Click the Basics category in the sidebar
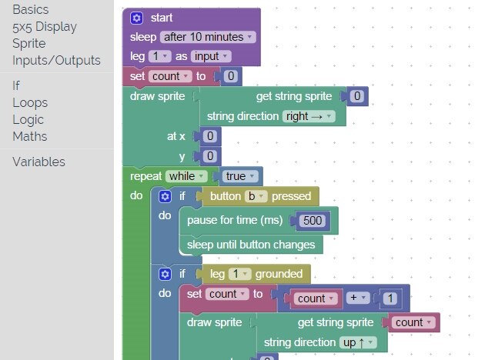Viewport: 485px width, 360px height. click(31, 10)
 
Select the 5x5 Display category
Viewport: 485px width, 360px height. click(44, 27)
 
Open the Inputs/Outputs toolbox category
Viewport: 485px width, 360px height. click(56, 60)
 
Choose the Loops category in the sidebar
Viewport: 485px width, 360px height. click(30, 102)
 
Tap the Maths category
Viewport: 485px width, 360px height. click(29, 136)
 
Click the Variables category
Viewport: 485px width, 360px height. click(38, 162)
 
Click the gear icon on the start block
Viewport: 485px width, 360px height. click(136, 18)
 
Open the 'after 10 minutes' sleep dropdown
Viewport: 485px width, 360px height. click(208, 37)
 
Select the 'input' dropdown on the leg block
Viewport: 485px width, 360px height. click(211, 56)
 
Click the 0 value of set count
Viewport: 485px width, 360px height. click(229, 76)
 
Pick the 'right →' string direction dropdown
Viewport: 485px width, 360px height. click(309, 116)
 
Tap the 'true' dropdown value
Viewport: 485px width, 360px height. click(239, 176)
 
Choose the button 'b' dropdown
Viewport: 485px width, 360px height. click(255, 196)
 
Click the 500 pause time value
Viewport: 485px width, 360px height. click(312, 221)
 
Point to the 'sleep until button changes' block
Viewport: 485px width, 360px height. click(251, 245)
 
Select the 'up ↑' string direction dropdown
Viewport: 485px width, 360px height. click(358, 342)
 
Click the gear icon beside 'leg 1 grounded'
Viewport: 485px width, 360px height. click(164, 273)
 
